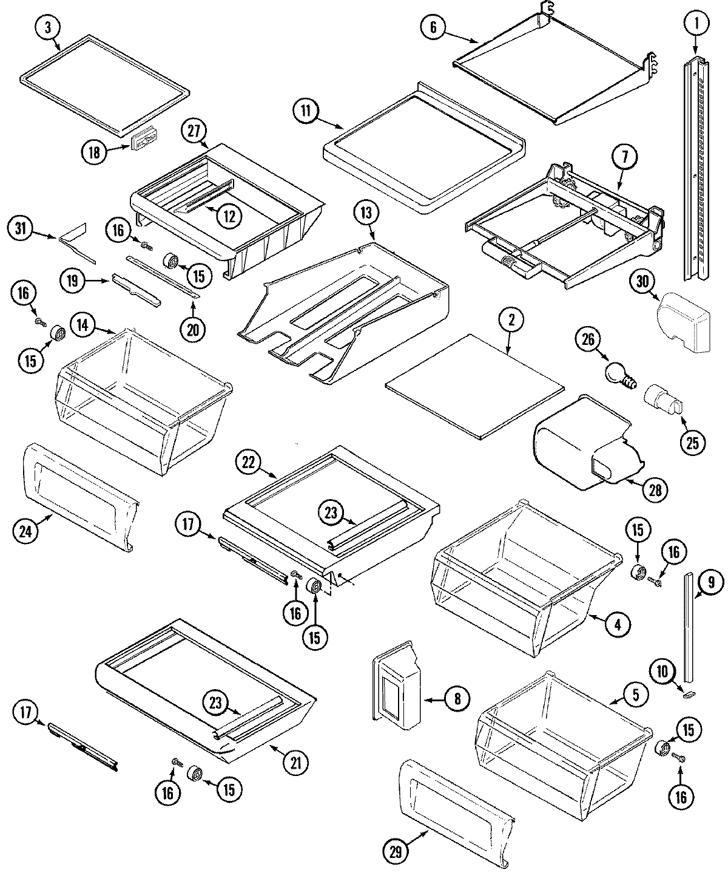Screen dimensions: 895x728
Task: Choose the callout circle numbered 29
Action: click(x=396, y=852)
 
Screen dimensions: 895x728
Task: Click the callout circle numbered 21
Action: click(x=295, y=761)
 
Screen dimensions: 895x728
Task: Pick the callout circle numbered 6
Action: click(x=433, y=29)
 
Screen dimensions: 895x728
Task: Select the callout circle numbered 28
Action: click(x=655, y=488)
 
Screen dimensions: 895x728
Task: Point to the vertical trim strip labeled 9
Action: click(x=689, y=625)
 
